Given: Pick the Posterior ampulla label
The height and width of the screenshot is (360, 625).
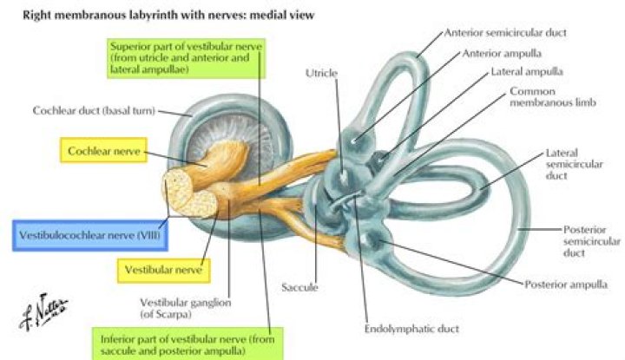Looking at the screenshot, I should [x=567, y=284].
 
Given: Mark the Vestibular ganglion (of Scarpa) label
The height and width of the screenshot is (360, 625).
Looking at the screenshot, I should [x=181, y=308].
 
